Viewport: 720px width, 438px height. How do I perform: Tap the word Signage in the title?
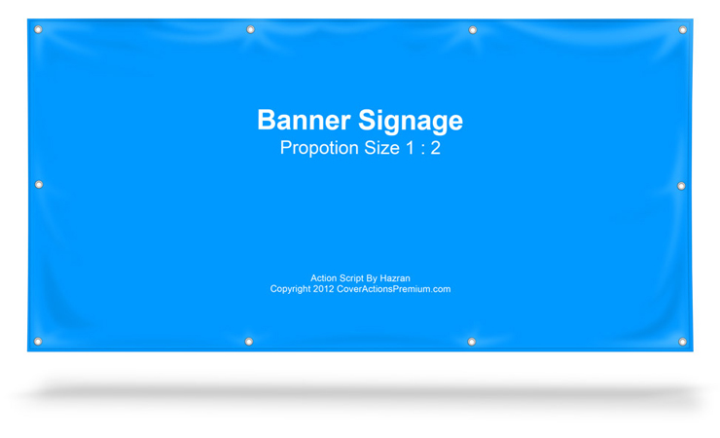tap(411, 121)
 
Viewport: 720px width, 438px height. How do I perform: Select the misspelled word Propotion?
tap(316, 148)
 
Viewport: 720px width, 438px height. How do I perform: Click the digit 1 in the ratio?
tap(410, 148)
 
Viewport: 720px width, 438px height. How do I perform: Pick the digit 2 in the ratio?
tap(435, 148)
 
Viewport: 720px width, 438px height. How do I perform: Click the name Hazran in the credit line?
tap(395, 278)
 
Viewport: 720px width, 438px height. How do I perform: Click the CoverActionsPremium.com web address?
tap(393, 289)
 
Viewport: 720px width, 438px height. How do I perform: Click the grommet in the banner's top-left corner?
tap(39, 29)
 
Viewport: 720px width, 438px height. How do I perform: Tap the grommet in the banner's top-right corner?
tap(682, 30)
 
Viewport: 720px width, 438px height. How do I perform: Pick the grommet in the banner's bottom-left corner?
tap(38, 342)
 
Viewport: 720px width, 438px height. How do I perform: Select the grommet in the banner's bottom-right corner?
tap(682, 342)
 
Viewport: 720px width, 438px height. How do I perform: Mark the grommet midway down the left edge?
tap(39, 184)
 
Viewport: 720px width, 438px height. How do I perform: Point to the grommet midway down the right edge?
tap(681, 186)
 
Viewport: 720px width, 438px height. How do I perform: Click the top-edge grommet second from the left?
tap(250, 30)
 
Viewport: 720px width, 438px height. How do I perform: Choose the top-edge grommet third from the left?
tap(473, 30)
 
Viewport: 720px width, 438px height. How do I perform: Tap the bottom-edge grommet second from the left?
tap(249, 342)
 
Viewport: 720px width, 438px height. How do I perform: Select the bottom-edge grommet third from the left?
tap(472, 342)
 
